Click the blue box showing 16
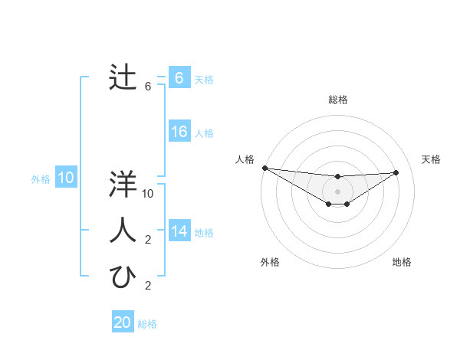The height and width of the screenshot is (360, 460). [179, 132]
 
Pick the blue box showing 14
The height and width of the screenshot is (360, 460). [179, 231]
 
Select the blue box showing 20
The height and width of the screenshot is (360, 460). [123, 322]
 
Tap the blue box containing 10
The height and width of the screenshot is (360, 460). [66, 178]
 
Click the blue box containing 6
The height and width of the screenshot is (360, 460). [179, 78]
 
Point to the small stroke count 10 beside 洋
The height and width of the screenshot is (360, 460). [149, 194]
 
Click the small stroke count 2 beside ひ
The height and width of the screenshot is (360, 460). [149, 286]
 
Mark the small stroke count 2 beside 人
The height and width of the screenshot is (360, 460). [149, 240]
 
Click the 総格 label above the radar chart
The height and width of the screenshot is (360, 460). [338, 100]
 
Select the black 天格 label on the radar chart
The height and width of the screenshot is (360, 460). [431, 159]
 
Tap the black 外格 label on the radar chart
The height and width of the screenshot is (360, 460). [270, 262]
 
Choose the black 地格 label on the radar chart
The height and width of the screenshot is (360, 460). [402, 262]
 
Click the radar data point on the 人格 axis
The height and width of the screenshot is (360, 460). [264, 168]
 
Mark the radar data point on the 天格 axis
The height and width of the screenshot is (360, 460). [396, 172]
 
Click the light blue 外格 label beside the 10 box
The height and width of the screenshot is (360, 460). [41, 179]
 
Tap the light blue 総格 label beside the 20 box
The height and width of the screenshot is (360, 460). [147, 323]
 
